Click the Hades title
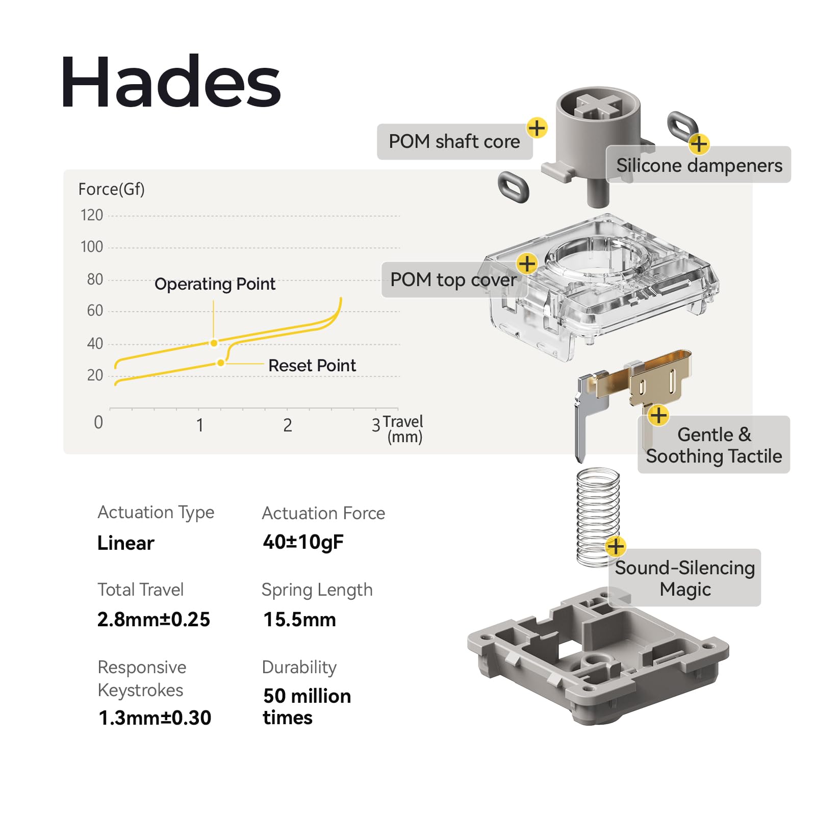(x=171, y=83)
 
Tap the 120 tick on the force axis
(x=92, y=215)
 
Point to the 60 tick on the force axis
(x=95, y=311)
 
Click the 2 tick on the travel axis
(x=288, y=425)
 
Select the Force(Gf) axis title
(x=111, y=189)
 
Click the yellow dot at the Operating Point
(x=214, y=343)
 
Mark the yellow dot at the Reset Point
(x=220, y=363)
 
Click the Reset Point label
(x=312, y=365)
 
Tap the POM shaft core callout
(x=454, y=141)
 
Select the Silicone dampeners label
(x=699, y=165)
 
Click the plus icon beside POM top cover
(x=527, y=264)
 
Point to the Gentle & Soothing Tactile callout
(x=713, y=445)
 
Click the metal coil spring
(x=597, y=515)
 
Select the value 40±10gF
(x=303, y=542)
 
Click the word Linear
(x=125, y=543)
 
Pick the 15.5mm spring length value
(x=299, y=619)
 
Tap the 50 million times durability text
(x=306, y=706)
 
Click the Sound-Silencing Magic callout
(x=684, y=578)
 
